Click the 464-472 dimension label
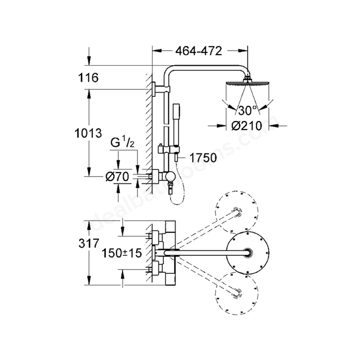[x=199, y=51]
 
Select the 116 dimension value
[x=88, y=78]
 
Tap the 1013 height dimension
[x=88, y=133]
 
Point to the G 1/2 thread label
[x=122, y=143]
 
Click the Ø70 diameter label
[x=118, y=177]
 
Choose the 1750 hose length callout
[x=203, y=158]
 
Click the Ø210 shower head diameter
[x=246, y=125]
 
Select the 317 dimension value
[x=89, y=244]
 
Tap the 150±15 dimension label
[x=121, y=253]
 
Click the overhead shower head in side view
[x=247, y=82]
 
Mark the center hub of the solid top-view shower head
[x=247, y=253]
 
